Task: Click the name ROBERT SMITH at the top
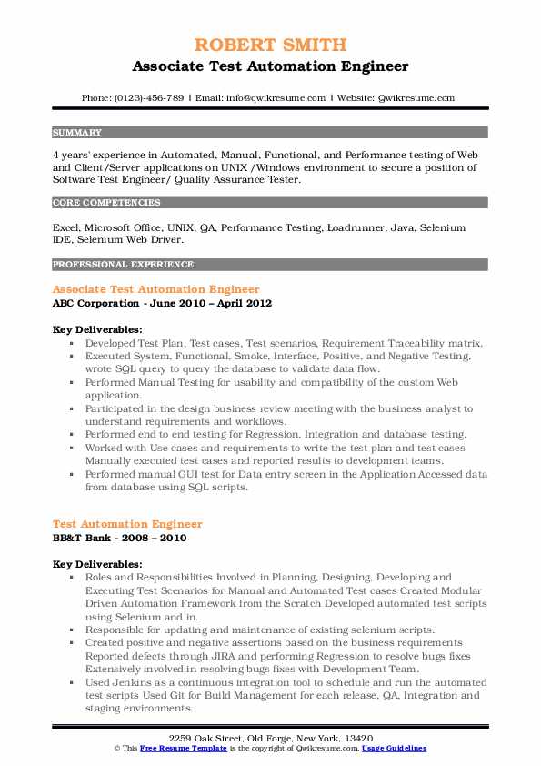(270, 45)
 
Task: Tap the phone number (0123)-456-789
(154, 97)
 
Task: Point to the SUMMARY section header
(77, 132)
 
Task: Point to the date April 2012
(246, 303)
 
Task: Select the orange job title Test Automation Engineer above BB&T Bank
(128, 524)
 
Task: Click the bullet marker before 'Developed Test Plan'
(71, 344)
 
